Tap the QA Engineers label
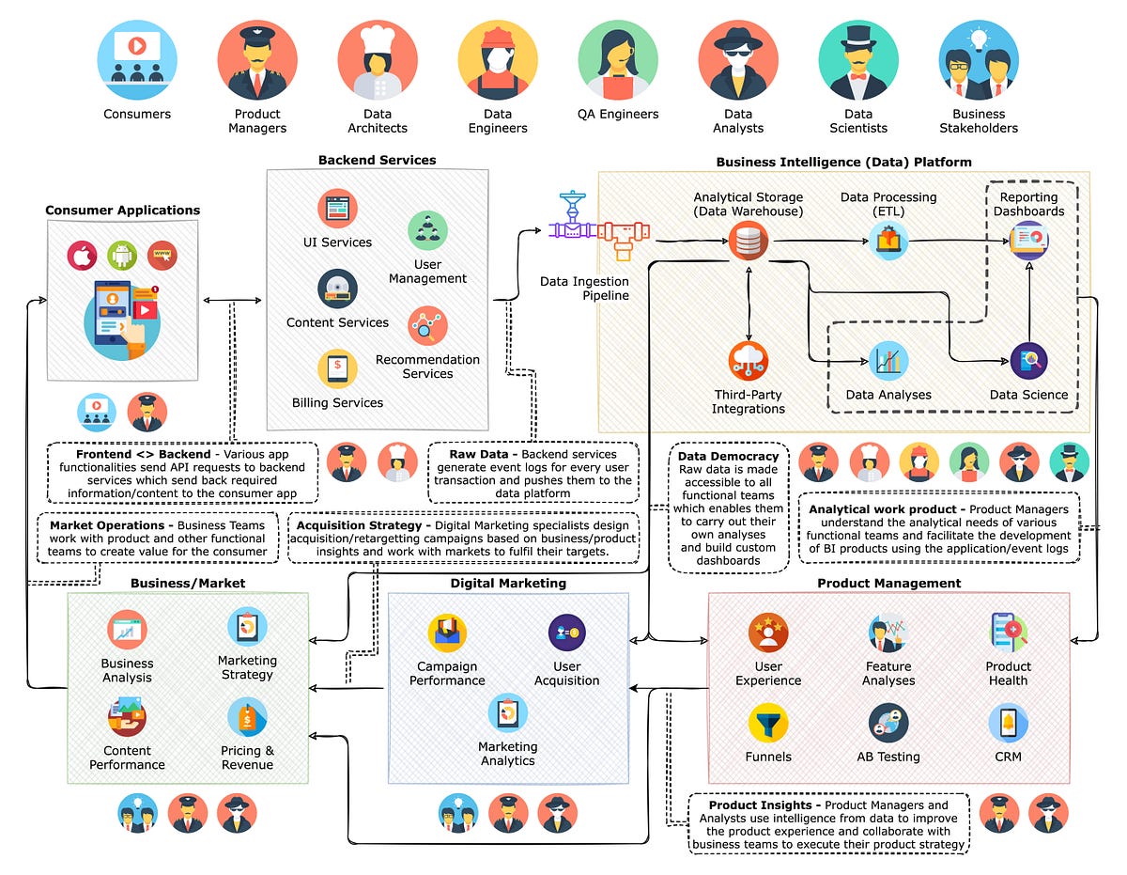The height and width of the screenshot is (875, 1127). coord(618,115)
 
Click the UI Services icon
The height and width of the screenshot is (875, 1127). coord(336,209)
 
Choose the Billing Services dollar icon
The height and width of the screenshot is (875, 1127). coord(336,368)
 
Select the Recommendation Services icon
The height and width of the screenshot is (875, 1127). coord(427,325)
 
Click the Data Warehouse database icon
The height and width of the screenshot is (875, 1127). coord(748,242)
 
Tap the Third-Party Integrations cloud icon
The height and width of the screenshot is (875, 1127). coord(748,361)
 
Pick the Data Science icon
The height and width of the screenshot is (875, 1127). coord(1028,360)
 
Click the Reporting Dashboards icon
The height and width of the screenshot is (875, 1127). coord(1029,242)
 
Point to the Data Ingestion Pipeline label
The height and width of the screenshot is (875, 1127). coord(584,289)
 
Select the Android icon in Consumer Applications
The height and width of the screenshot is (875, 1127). coord(122,255)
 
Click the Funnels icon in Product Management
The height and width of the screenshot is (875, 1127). coord(768,724)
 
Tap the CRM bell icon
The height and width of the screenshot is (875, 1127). coord(1008,724)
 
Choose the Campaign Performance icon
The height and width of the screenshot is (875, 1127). coord(447,633)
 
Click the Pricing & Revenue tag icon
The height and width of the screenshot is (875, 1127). coord(247,717)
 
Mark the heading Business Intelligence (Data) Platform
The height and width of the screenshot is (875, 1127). coord(843,162)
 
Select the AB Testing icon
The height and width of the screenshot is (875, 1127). coord(888,724)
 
